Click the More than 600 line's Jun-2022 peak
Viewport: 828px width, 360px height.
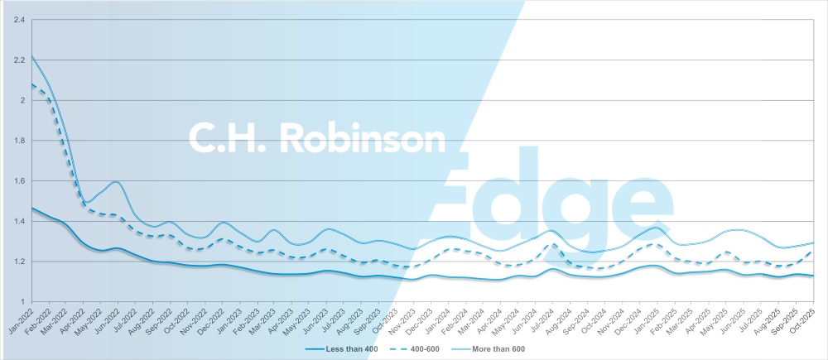[117, 181]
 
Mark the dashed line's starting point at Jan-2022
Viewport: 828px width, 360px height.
[31, 84]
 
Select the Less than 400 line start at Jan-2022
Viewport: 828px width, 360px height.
[31, 208]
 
